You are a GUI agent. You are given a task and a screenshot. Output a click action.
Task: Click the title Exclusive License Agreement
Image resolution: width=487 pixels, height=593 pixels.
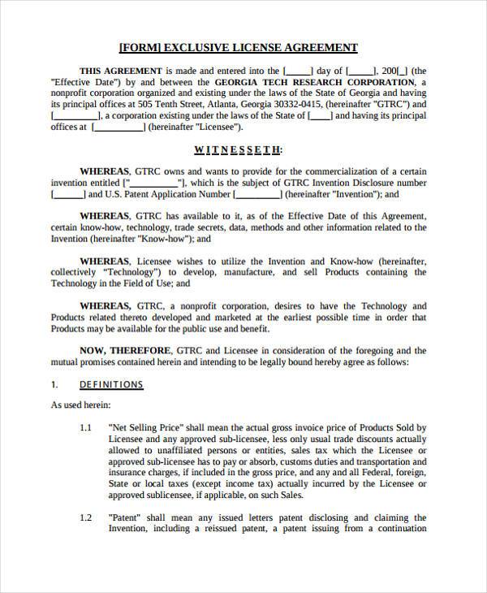238,48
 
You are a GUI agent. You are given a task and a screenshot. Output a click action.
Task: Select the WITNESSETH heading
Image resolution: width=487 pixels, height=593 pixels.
238,149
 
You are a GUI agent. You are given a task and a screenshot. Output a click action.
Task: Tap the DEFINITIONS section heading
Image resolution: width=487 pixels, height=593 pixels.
111,384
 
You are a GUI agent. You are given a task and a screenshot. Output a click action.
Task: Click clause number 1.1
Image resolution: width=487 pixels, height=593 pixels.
86,427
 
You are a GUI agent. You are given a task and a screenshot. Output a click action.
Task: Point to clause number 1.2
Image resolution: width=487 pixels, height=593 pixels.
86,517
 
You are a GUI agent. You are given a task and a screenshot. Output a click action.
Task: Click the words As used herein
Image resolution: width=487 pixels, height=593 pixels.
81,405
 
